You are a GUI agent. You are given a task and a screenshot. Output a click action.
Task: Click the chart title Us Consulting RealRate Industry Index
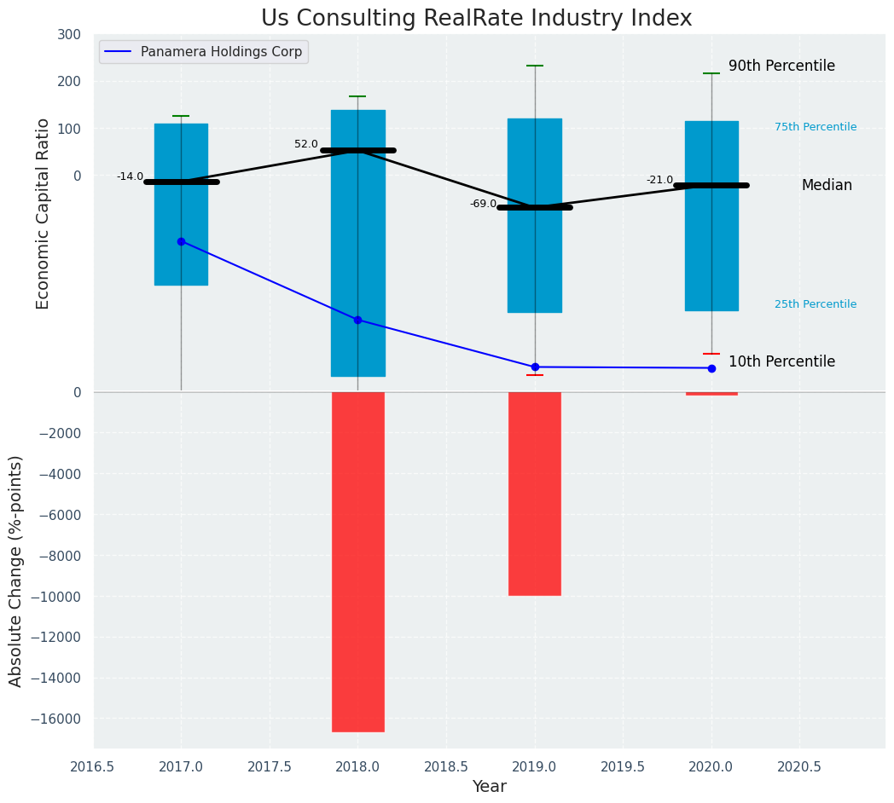[x=476, y=19]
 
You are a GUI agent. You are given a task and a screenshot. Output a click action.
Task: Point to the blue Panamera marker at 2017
[x=181, y=241]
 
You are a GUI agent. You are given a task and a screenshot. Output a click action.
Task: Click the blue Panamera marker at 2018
[x=357, y=320]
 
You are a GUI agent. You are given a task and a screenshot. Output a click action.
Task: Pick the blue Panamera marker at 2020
[x=711, y=368]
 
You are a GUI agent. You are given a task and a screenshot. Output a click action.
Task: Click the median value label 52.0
[x=306, y=144]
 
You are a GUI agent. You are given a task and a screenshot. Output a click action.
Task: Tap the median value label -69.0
[x=483, y=204]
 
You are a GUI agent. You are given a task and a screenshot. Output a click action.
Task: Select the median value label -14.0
[x=131, y=176]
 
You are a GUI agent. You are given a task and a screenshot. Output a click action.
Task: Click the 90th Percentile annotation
[x=781, y=66]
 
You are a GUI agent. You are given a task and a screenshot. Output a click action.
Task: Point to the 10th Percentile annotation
[x=781, y=361]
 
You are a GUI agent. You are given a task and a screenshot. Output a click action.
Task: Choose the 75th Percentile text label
[x=816, y=127]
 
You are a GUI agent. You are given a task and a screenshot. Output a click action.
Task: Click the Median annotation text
[x=827, y=185]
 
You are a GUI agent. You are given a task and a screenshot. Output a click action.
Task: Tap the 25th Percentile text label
[x=816, y=304]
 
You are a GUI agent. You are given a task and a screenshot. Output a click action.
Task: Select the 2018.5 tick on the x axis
[x=446, y=766]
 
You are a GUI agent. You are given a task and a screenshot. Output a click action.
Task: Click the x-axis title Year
[x=490, y=787]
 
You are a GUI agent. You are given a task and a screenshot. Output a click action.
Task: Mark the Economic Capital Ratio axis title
[x=44, y=213]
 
